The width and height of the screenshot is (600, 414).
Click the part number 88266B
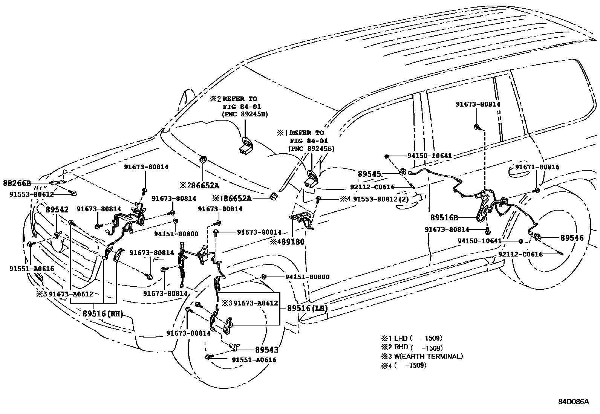click(17, 183)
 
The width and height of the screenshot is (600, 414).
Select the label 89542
click(57, 210)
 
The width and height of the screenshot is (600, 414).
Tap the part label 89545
click(369, 174)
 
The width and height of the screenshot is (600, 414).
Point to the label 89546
click(572, 238)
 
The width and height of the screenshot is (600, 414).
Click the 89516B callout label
click(444, 217)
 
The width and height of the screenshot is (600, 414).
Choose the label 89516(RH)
click(103, 313)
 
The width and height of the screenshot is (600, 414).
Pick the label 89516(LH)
click(307, 308)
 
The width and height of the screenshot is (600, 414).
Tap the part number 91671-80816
click(537, 167)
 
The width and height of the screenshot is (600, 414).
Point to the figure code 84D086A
click(573, 401)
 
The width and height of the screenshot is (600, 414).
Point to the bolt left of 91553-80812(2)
click(319, 199)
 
